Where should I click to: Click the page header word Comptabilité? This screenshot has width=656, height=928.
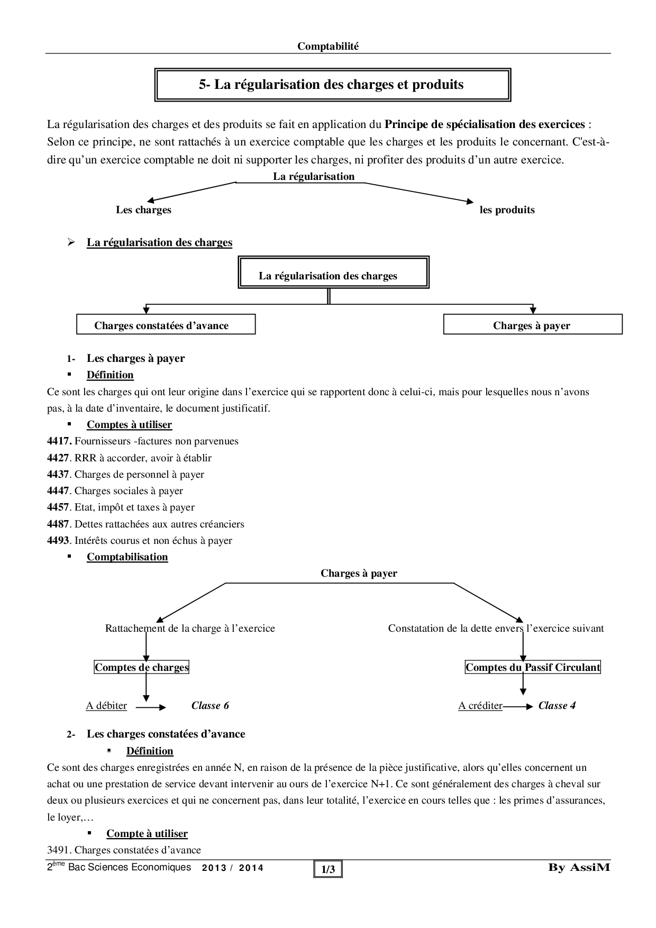tap(327, 47)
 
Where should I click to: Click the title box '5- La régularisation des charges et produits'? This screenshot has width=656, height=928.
tap(332, 85)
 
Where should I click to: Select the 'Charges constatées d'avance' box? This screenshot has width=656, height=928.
tap(166, 325)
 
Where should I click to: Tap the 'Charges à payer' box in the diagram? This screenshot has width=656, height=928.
tap(532, 325)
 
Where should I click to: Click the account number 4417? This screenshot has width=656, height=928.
tap(59, 441)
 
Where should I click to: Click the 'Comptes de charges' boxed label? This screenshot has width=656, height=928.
tap(142, 668)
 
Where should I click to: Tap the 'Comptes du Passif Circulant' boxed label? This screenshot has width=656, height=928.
tap(533, 668)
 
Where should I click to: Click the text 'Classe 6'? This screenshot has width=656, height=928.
tap(210, 706)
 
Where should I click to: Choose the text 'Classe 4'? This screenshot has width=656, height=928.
tap(557, 706)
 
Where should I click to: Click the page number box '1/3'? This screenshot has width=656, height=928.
tap(328, 869)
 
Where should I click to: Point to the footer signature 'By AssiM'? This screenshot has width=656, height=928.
tap(579, 868)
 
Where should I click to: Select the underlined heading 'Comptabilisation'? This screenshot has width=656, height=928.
tap(127, 557)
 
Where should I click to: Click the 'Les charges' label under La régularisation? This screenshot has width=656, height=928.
tap(143, 210)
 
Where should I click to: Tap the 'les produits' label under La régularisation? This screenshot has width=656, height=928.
tap(507, 210)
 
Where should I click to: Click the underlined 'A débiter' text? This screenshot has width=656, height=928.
tap(106, 706)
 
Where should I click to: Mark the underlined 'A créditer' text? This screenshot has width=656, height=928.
tap(480, 706)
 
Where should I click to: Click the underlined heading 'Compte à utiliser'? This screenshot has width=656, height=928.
tap(147, 834)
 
